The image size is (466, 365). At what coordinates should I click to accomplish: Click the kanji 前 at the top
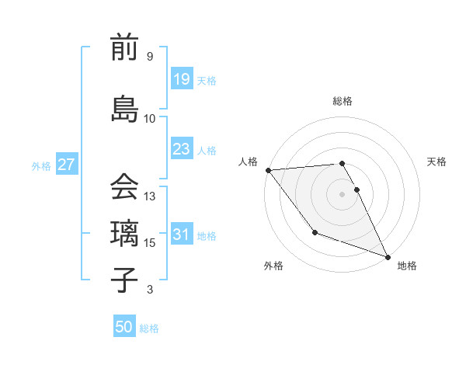[x=123, y=48]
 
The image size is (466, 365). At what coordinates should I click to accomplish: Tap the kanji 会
[x=123, y=186]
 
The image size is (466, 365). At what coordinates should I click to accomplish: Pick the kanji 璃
[x=123, y=234]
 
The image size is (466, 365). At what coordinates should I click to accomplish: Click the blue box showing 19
[x=181, y=79]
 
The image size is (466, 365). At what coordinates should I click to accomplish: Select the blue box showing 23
[x=181, y=149]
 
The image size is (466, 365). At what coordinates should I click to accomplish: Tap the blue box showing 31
[x=181, y=235]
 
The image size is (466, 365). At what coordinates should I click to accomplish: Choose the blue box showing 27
[x=66, y=165]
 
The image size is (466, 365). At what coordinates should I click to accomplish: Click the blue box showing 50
[x=124, y=327]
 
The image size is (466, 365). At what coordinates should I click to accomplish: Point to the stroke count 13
[x=150, y=196]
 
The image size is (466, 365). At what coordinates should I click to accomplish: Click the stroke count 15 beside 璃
[x=150, y=243]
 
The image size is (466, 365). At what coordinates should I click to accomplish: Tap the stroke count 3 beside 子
[x=150, y=290]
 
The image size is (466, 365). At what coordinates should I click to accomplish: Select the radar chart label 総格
[x=343, y=101]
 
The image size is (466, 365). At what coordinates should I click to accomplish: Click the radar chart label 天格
[x=436, y=162]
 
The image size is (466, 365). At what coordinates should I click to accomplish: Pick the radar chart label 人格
[x=249, y=162]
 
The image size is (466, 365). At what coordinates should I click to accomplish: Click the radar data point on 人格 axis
[x=268, y=170]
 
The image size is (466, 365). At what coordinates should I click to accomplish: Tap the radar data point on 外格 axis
[x=315, y=232]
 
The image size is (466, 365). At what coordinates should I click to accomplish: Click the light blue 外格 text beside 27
[x=41, y=165]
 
